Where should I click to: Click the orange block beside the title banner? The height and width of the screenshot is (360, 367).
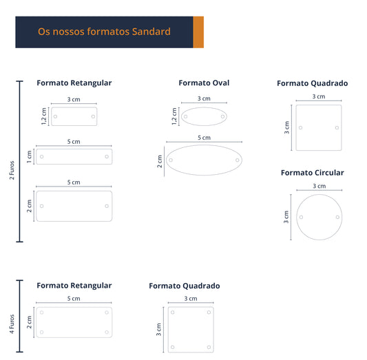pyautogui.click(x=198, y=32)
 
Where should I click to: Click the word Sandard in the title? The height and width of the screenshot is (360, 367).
pyautogui.click(x=151, y=32)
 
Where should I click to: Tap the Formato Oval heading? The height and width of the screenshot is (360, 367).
pyautogui.click(x=204, y=83)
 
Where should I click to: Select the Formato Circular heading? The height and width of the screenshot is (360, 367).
pyautogui.click(x=312, y=173)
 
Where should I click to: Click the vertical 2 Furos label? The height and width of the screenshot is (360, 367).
pyautogui.click(x=12, y=170)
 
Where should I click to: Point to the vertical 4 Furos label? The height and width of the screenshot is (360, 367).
pyautogui.click(x=12, y=324)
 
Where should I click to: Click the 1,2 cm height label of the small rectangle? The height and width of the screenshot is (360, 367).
pyautogui.click(x=44, y=116)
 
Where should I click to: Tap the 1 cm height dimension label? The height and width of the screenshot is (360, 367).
pyautogui.click(x=29, y=157)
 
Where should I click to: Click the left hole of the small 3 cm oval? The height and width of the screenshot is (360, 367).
pyautogui.click(x=186, y=116)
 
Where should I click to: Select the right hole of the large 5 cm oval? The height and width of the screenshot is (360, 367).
pyautogui.click(x=238, y=160)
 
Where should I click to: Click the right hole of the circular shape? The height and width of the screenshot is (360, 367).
pyautogui.click(x=337, y=217)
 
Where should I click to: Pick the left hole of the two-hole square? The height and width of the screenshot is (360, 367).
pyautogui.click(x=300, y=128)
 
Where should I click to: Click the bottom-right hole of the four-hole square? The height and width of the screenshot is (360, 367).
pyautogui.click(x=209, y=347)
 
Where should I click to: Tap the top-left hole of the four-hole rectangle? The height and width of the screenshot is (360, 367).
pyautogui.click(x=42, y=313)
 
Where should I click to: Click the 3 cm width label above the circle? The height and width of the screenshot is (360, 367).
pyautogui.click(x=319, y=186)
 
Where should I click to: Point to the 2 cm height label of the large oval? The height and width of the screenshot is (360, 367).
pyautogui.click(x=160, y=161)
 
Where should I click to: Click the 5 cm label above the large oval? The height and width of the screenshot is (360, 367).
pyautogui.click(x=204, y=138)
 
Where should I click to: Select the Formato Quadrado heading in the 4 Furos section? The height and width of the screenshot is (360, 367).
pyautogui.click(x=185, y=286)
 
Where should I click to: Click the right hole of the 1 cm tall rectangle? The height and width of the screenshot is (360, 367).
pyautogui.click(x=107, y=156)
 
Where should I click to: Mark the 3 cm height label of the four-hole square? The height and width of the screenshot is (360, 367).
pyautogui.click(x=158, y=329)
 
